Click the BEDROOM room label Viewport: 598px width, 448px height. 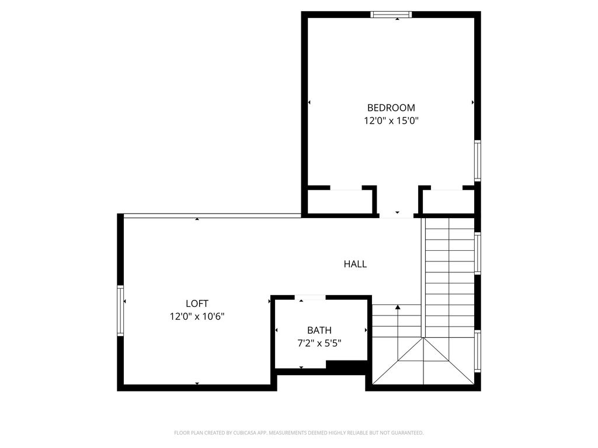pyautogui.click(x=391, y=108)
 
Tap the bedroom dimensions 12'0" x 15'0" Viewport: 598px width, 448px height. pyautogui.click(x=391, y=121)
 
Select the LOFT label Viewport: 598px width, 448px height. pyautogui.click(x=197, y=303)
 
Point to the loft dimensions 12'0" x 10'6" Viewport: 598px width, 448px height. pyautogui.click(x=197, y=316)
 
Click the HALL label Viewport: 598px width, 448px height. pyautogui.click(x=355, y=264)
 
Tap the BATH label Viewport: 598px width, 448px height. pyautogui.click(x=319, y=330)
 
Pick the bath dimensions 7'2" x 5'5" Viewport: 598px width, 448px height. pyautogui.click(x=319, y=343)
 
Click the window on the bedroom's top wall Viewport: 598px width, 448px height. pyautogui.click(x=391, y=15)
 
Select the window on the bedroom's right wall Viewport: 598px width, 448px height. pyautogui.click(x=478, y=161)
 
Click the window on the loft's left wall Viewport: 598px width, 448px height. pyautogui.click(x=120, y=310)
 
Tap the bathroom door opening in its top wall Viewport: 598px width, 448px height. pyautogui.click(x=310, y=297)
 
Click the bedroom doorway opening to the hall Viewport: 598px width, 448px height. pyautogui.click(x=397, y=216)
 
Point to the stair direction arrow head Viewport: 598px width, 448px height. pyautogui.click(x=398, y=307)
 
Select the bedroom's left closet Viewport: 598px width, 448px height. pyautogui.click(x=340, y=202)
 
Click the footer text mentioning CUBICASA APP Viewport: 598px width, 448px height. pyautogui.click(x=298, y=433)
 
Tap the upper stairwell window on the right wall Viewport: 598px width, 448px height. pyautogui.click(x=478, y=253)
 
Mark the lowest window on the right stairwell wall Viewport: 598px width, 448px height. pyautogui.click(x=478, y=351)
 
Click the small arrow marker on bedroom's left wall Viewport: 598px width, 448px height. pyautogui.click(x=310, y=102)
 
